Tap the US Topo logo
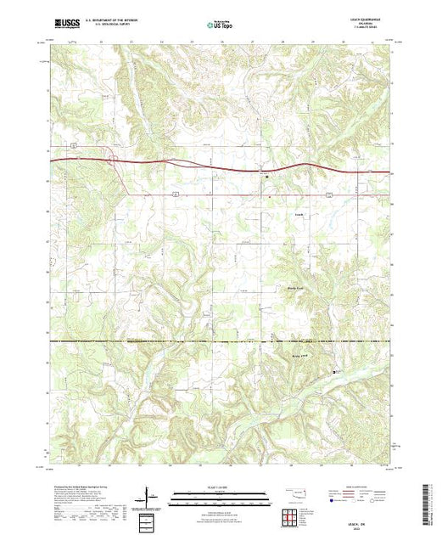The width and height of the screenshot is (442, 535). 220,25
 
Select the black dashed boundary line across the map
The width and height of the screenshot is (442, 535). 170,341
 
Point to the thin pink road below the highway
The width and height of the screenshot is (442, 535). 255,194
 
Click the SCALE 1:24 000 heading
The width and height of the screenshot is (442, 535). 220,487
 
